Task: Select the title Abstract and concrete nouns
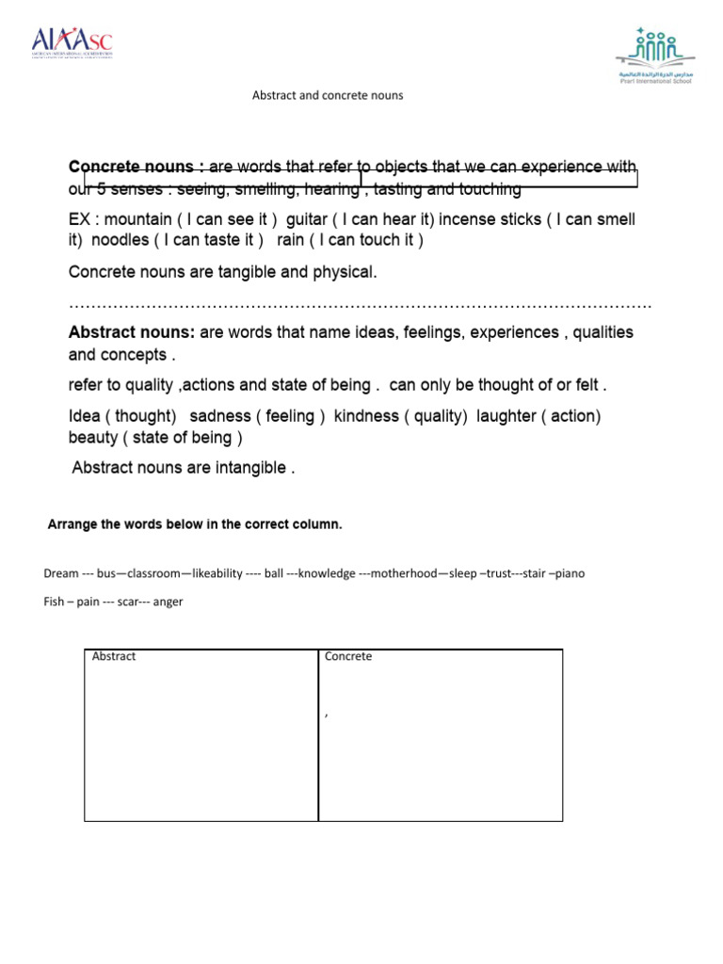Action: click(328, 95)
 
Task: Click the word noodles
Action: click(120, 241)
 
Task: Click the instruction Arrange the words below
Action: click(195, 525)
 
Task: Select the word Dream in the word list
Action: click(61, 573)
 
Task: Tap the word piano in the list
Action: click(570, 573)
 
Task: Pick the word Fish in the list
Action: click(54, 602)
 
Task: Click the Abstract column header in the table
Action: click(114, 657)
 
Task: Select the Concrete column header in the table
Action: click(348, 657)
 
